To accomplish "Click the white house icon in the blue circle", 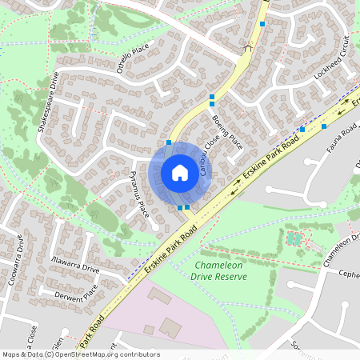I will click(180, 173).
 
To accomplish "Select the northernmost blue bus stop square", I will click(262, 24).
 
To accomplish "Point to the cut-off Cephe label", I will click(349, 274).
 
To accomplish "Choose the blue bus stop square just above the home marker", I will click(169, 142).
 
